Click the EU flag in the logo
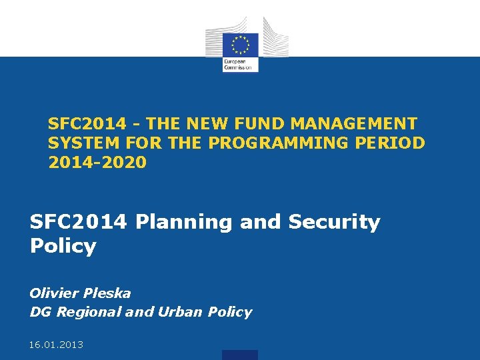click(x=240, y=45)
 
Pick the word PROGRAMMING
click(x=283, y=143)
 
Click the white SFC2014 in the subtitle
click(x=79, y=222)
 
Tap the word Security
click(x=334, y=222)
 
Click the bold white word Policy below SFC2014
click(x=63, y=246)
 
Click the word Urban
click(x=179, y=312)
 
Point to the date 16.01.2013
click(x=57, y=344)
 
